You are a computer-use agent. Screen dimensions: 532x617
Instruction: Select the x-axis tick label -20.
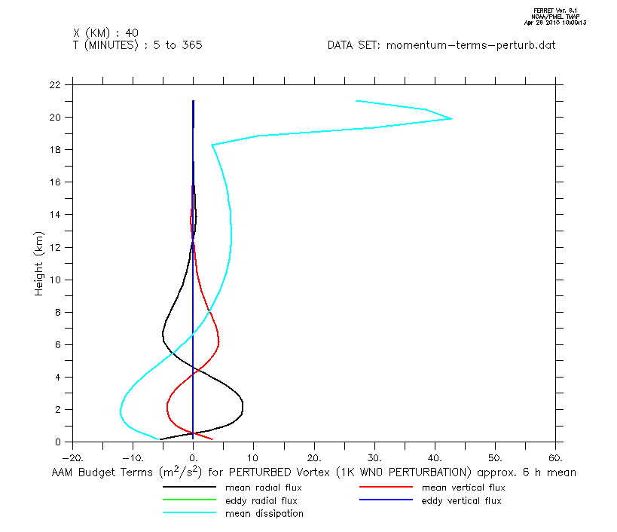(x=72, y=457)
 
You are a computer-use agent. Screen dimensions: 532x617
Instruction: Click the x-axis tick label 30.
(x=375, y=457)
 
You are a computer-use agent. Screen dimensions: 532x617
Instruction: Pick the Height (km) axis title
(x=39, y=263)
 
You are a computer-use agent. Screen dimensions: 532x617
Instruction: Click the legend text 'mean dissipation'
(x=264, y=514)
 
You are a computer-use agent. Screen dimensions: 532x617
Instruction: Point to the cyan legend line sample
(x=189, y=514)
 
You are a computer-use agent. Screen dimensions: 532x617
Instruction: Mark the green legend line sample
(x=189, y=500)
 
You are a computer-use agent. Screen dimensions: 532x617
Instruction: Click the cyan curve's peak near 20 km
(x=451, y=118)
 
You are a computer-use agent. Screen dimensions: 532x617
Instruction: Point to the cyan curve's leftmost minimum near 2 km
(x=121, y=411)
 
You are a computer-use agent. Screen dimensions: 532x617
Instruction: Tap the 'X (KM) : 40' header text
(x=105, y=33)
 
